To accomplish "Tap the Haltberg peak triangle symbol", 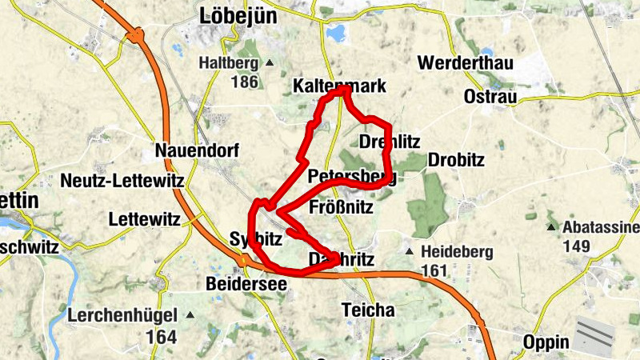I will (x=270, y=62).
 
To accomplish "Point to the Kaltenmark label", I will (x=340, y=86).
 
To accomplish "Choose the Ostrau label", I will (x=490, y=97).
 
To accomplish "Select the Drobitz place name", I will (x=457, y=160).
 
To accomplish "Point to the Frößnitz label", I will (x=341, y=208).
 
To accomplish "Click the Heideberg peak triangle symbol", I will (x=410, y=252).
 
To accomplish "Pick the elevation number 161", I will (x=434, y=270).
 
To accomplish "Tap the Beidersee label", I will (x=246, y=284).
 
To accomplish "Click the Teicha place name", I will (x=368, y=310).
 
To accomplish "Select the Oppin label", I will (x=546, y=342).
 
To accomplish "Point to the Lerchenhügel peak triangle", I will (x=190, y=315).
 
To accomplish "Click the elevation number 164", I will (x=161, y=337).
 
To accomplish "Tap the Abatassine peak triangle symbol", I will (x=550, y=228).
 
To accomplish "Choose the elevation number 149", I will (x=578, y=246).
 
